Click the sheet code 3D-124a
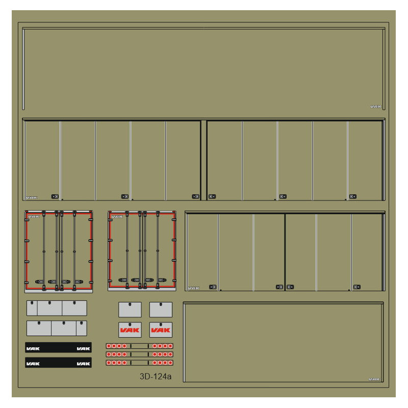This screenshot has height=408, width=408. pyautogui.click(x=156, y=377)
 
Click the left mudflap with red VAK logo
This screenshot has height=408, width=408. pyautogui.click(x=130, y=330)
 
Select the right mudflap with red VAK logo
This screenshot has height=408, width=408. pyautogui.click(x=161, y=330)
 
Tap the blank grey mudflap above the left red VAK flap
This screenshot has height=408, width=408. pyautogui.click(x=130, y=310)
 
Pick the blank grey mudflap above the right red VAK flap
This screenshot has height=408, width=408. pyautogui.click(x=161, y=310)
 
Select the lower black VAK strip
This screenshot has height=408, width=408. pyautogui.click(x=58, y=363)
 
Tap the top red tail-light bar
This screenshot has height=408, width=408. pyautogui.click(x=139, y=346)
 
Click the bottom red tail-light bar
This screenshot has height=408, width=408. pyautogui.click(x=139, y=363)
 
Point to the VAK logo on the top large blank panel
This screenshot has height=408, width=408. pyautogui.click(x=376, y=107)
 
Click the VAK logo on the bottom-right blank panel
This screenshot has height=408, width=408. pyautogui.click(x=375, y=379)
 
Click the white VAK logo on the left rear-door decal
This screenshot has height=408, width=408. pyautogui.click(x=34, y=216)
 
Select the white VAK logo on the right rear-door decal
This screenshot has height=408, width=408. pyautogui.click(x=117, y=216)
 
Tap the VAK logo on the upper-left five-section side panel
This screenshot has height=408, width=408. pyautogui.click(x=32, y=197)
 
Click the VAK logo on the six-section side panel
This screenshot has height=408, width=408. pyautogui.click(x=194, y=288)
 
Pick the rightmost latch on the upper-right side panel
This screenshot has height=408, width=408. pyautogui.click(x=352, y=196)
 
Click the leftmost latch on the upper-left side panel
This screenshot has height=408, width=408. pyautogui.click(x=55, y=196)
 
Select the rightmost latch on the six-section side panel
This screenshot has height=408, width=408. pyautogui.click(x=356, y=287)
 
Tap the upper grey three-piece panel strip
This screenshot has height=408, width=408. pyautogui.click(x=57, y=308)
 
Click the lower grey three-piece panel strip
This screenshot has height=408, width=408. pyautogui.click(x=57, y=328)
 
